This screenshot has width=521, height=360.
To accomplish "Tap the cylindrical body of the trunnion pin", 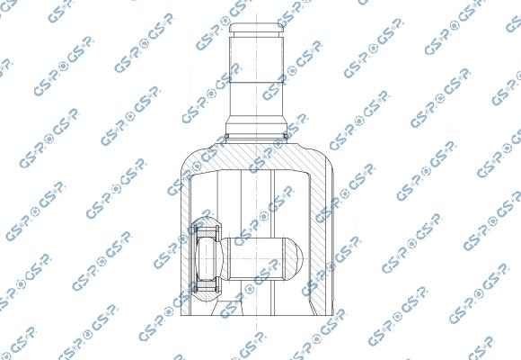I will [260, 257].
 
